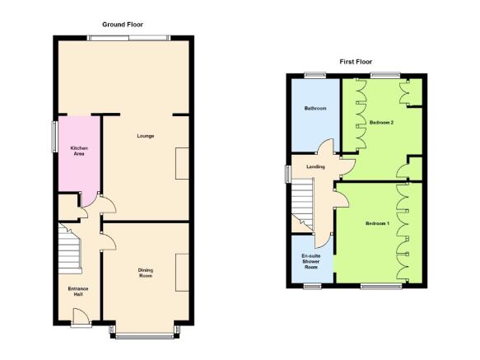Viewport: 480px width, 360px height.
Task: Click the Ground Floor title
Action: coord(123,25)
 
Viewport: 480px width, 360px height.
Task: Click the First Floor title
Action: coord(356,62)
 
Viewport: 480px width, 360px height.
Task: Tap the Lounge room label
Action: coord(146,136)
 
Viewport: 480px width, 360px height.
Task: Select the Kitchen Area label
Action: coord(79,151)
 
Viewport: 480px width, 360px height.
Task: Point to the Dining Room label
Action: coord(146,273)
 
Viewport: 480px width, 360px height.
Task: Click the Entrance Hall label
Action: coord(78,292)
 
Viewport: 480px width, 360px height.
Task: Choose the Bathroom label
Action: coord(315,108)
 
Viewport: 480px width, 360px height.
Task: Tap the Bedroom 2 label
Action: coord(381,123)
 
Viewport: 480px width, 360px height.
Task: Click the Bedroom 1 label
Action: coord(377,223)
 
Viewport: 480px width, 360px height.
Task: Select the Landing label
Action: coord(315,166)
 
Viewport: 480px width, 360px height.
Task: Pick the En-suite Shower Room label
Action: coord(310,261)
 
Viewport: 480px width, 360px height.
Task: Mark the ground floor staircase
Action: coord(70,249)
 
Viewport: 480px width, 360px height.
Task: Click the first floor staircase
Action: coord(302,203)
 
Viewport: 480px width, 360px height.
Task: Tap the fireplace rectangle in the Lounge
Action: coord(182,164)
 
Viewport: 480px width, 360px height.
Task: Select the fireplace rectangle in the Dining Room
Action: coord(182,273)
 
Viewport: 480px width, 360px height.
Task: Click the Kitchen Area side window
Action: coord(55,137)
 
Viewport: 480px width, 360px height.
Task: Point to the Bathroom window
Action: coord(315,75)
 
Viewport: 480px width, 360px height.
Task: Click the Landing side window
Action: coord(287,175)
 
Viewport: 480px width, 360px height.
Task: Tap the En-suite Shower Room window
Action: coord(313,286)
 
